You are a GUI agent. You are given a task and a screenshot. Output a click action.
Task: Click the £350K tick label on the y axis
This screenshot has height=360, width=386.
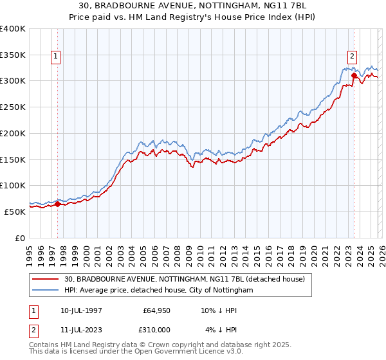point(13,55)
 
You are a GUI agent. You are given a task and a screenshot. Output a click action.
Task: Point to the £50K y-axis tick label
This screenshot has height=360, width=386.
point(15,212)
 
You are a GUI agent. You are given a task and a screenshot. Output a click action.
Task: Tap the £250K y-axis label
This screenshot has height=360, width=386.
point(13,107)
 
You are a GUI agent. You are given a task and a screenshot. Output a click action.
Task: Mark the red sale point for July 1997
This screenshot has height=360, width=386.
point(57,204)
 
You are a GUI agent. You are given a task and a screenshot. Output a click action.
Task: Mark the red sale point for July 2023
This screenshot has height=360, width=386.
point(354,76)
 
